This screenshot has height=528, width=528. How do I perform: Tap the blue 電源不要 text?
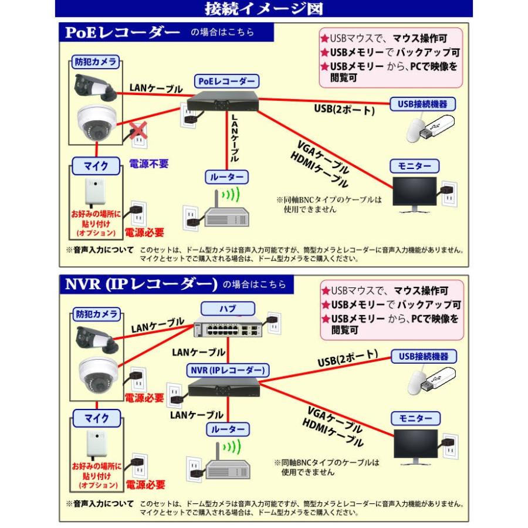pyautogui.click(x=149, y=164)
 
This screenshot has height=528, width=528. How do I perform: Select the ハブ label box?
pyautogui.click(x=228, y=307)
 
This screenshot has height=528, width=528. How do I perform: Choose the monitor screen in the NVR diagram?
pyautogui.click(x=415, y=447)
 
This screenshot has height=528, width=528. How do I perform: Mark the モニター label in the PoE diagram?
pyautogui.click(x=415, y=166)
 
